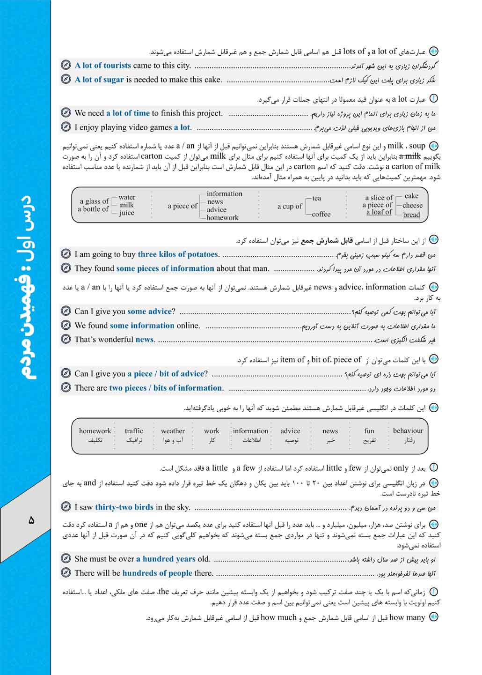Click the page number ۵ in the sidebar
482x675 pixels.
pyautogui.click(x=31, y=520)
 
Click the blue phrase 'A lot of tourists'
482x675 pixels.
pyautogui.click(x=103, y=66)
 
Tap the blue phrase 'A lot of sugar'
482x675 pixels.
pyautogui.click(x=99, y=80)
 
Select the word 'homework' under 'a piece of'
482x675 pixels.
pyautogui.click(x=222, y=217)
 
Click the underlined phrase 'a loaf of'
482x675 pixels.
pyautogui.click(x=379, y=212)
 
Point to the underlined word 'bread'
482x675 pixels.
pyautogui.click(x=411, y=215)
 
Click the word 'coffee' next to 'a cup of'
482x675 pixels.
pyautogui.click(x=321, y=214)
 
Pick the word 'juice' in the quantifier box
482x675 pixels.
pyautogui.click(x=126, y=213)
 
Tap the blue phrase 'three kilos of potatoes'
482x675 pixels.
pyautogui.click(x=178, y=254)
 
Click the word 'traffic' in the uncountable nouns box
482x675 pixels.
pyautogui.click(x=134, y=431)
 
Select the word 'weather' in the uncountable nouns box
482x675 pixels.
pyautogui.click(x=173, y=431)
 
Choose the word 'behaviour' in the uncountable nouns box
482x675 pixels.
pyautogui.click(x=408, y=430)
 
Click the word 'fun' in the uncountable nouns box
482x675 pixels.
pyautogui.click(x=369, y=431)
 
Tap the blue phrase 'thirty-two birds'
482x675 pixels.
pyautogui.click(x=124, y=507)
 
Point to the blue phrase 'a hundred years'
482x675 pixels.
pyautogui.click(x=166, y=559)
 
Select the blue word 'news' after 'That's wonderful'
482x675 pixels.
pyautogui.click(x=145, y=340)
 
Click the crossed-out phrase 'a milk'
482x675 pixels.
pyautogui.click(x=410, y=156)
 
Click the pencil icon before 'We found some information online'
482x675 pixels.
pyautogui.click(x=66, y=326)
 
